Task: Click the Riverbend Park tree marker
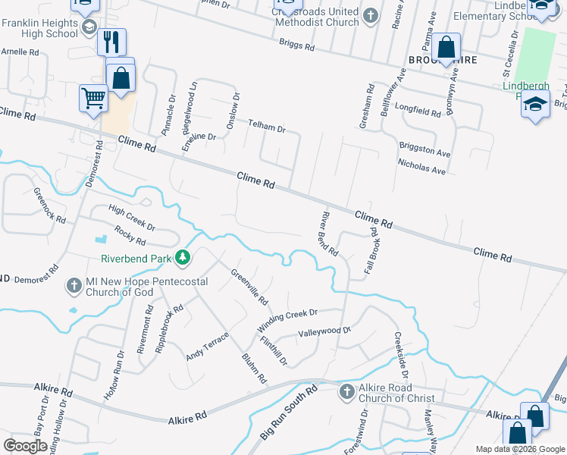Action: (x=182, y=259)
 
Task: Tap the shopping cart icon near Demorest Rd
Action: (x=92, y=97)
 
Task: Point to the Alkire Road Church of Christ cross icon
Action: (x=346, y=392)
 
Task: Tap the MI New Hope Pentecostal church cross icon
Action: (x=74, y=286)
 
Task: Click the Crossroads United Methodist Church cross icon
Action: (x=370, y=15)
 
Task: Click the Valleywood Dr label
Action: (x=324, y=331)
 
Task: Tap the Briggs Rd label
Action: (x=296, y=45)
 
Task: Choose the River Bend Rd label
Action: (x=327, y=234)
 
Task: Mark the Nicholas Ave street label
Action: (x=421, y=167)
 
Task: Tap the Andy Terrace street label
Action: (x=207, y=346)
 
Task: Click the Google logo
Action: (x=25, y=446)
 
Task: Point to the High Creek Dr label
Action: (x=131, y=218)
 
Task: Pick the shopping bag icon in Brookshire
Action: (x=447, y=47)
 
